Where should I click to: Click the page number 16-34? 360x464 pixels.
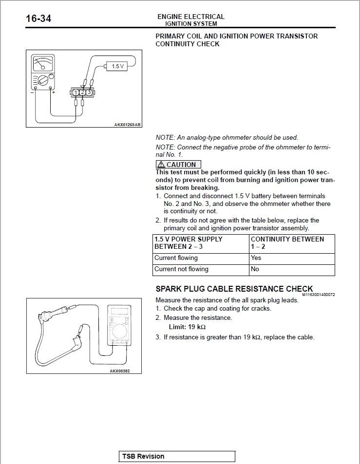click(39, 19)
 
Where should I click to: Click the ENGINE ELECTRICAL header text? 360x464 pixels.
click(191, 17)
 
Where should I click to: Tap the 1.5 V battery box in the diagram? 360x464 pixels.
click(117, 66)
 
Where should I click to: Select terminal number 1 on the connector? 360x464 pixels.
click(76, 92)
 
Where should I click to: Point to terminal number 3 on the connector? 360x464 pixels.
click(90, 92)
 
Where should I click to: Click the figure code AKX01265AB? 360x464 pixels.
click(128, 125)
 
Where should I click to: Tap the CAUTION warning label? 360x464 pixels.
click(178, 165)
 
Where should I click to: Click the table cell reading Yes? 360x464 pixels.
click(256, 258)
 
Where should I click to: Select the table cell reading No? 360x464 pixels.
click(255, 269)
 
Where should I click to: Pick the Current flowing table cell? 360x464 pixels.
click(176, 258)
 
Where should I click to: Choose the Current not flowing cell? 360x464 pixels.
click(181, 269)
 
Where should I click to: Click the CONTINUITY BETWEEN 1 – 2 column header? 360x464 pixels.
click(287, 243)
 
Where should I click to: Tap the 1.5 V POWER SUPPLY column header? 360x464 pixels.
click(189, 243)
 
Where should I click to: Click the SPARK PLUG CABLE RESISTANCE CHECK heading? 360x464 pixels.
click(234, 289)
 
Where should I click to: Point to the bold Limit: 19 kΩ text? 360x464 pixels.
click(184, 327)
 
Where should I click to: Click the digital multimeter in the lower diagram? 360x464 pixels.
click(118, 326)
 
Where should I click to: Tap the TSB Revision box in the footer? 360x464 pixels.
click(177, 456)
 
